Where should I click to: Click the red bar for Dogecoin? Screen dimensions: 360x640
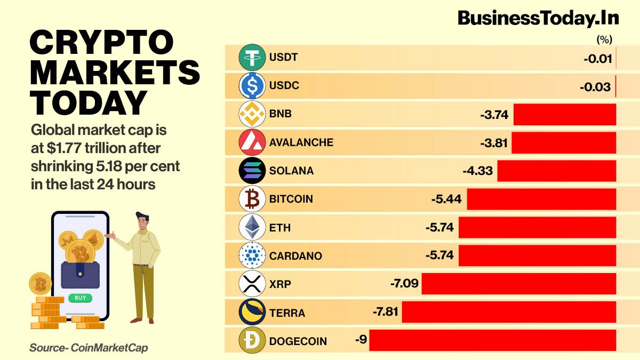pyautogui.click(x=492, y=340)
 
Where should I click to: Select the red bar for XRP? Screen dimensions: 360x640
pyautogui.click(x=518, y=284)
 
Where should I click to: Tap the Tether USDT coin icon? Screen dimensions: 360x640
pyautogui.click(x=252, y=57)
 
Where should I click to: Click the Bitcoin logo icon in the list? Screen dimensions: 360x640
pyautogui.click(x=252, y=199)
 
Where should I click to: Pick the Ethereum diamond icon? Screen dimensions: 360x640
pyautogui.click(x=252, y=227)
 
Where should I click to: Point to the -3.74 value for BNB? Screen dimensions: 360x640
pyautogui.click(x=494, y=114)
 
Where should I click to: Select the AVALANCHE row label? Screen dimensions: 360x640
pyautogui.click(x=301, y=142)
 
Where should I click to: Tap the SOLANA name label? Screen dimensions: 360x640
pyautogui.click(x=291, y=171)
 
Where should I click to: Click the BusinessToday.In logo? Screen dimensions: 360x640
pyautogui.click(x=538, y=18)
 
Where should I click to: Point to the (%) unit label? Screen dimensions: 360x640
pyautogui.click(x=604, y=39)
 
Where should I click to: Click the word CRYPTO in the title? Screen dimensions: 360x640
pyautogui.click(x=101, y=43)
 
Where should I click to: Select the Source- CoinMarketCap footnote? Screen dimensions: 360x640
pyautogui.click(x=89, y=348)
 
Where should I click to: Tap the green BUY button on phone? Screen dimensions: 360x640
pyautogui.click(x=80, y=298)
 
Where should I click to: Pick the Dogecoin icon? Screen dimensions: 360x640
pyautogui.click(x=252, y=341)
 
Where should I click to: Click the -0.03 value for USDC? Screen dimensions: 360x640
pyautogui.click(x=595, y=86)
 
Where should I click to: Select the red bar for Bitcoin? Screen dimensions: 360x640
pyautogui.click(x=541, y=199)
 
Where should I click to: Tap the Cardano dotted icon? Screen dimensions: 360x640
pyautogui.click(x=252, y=255)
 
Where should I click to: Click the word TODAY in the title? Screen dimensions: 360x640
pyautogui.click(x=89, y=102)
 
